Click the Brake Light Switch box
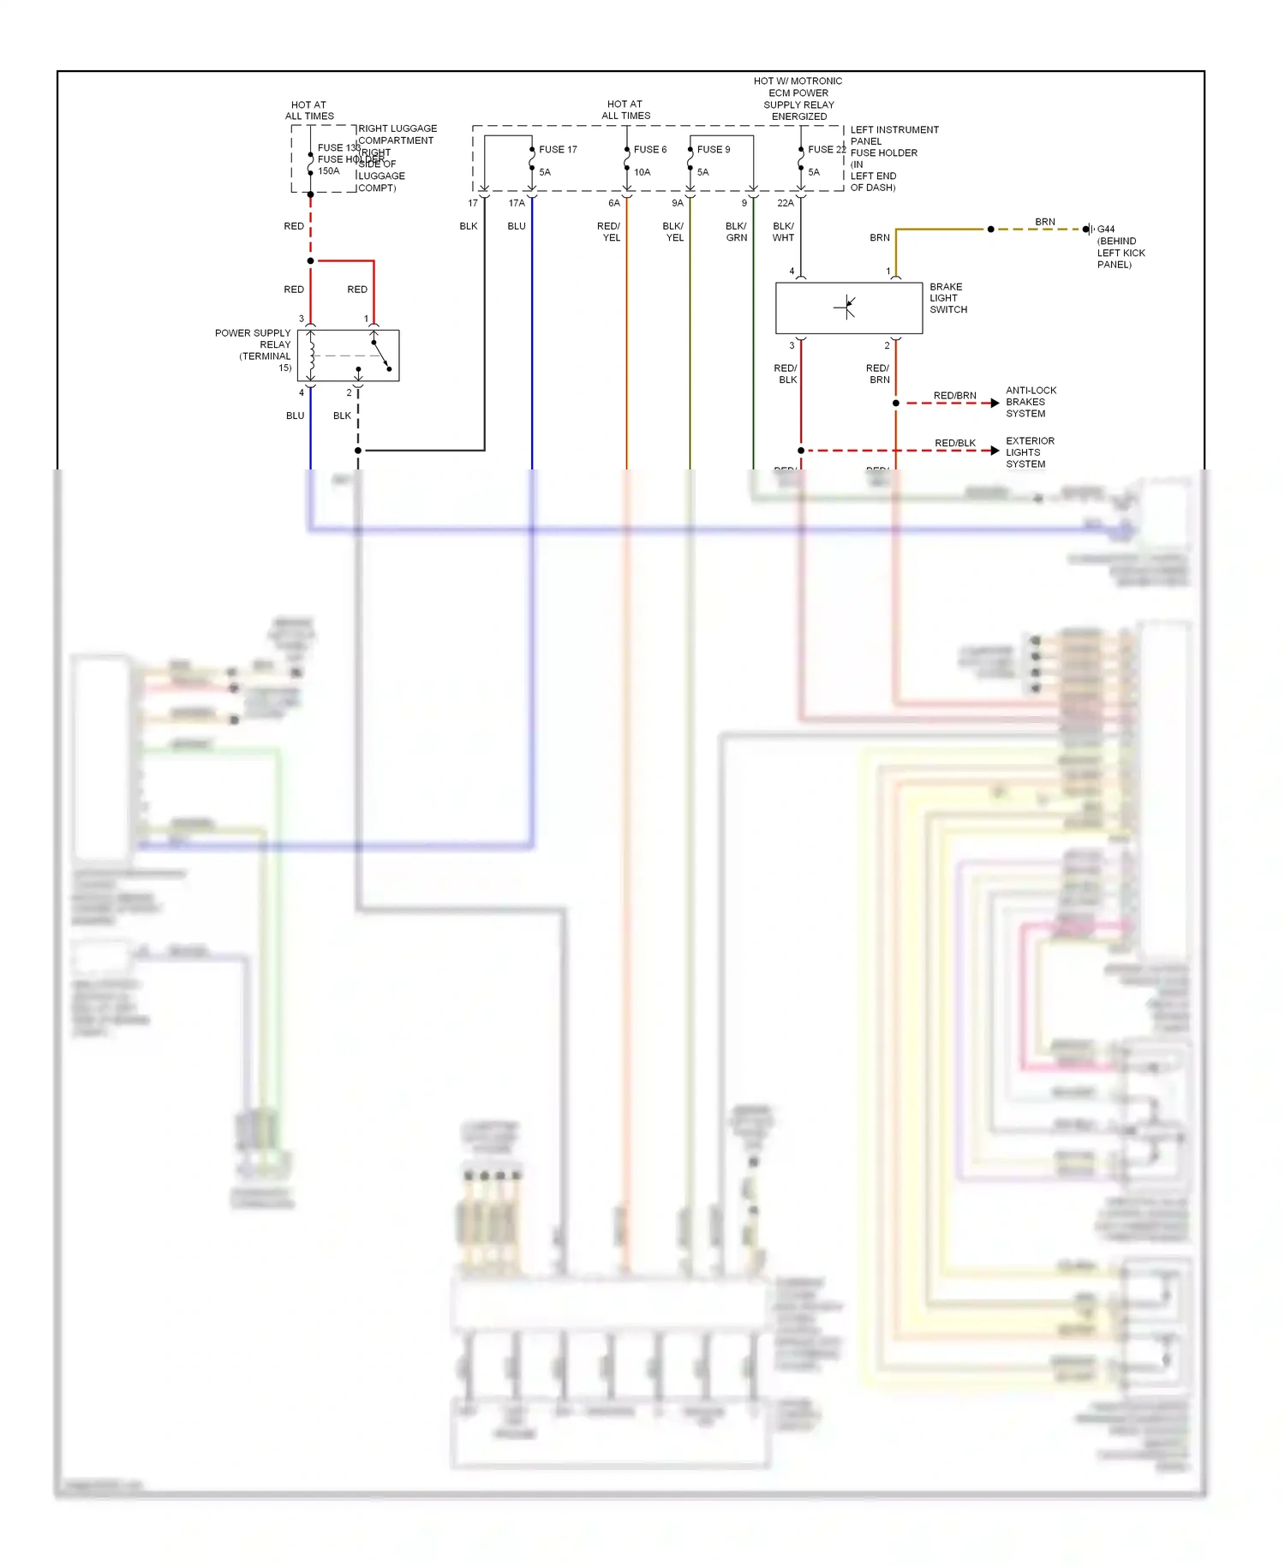click(848, 308)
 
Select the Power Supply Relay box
click(348, 355)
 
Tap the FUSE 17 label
click(558, 149)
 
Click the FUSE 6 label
click(649, 149)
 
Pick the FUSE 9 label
click(713, 149)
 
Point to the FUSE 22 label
click(826, 149)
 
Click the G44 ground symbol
click(1088, 229)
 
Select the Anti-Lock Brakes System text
click(1031, 402)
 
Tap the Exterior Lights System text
click(1030, 452)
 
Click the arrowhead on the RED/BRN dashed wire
click(995, 403)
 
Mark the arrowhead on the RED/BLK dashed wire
click(995, 451)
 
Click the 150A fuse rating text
click(328, 171)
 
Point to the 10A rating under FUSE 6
click(642, 172)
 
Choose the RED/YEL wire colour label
click(609, 232)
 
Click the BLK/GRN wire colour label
click(736, 232)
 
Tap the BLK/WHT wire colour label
click(783, 232)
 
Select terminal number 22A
click(785, 203)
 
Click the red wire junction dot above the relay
click(310, 260)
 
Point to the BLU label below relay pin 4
click(295, 415)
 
